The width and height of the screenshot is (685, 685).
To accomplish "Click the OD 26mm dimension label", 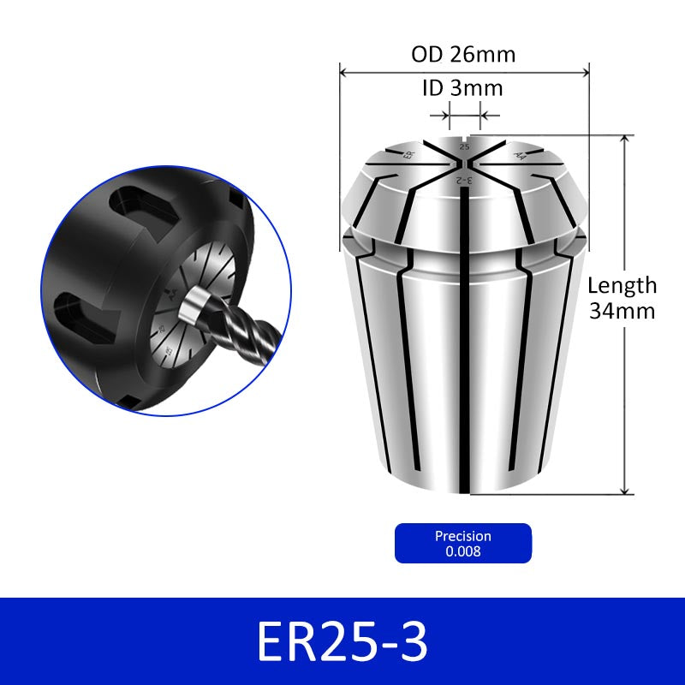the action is (x=463, y=55).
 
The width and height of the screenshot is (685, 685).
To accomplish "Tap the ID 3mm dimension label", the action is (x=462, y=88).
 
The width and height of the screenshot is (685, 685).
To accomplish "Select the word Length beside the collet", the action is (x=622, y=286).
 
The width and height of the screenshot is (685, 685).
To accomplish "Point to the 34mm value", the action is (x=622, y=311).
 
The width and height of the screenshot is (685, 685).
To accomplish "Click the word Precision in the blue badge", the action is (x=463, y=536).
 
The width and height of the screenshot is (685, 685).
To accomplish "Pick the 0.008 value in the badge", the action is (x=463, y=551).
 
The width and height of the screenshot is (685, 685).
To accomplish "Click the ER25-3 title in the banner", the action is (x=342, y=641).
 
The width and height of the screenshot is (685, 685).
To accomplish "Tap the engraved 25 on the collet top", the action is (x=464, y=146).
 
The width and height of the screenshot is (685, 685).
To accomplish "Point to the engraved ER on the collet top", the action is (x=409, y=155).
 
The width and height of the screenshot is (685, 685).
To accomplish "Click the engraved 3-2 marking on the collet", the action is (x=464, y=180).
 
